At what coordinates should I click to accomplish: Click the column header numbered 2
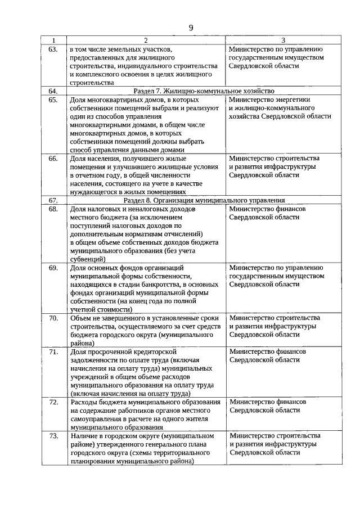[x=146, y=40]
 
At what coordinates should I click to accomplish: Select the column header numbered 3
[x=283, y=40]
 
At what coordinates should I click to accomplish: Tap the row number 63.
[x=53, y=49]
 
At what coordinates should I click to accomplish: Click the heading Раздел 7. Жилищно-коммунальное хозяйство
[x=204, y=91]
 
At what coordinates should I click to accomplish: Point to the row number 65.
[x=53, y=100]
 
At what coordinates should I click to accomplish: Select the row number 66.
[x=53, y=159]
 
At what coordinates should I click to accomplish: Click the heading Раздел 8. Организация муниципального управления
[x=204, y=200]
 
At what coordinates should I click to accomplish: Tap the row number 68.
[x=53, y=209]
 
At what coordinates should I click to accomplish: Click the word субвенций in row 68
[x=87, y=259]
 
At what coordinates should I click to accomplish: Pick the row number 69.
[x=53, y=268]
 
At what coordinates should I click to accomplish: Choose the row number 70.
[x=53, y=318]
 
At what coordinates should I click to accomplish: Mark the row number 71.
[x=53, y=352]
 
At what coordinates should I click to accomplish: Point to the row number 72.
[x=53, y=402]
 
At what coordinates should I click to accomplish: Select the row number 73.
[x=53, y=436]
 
